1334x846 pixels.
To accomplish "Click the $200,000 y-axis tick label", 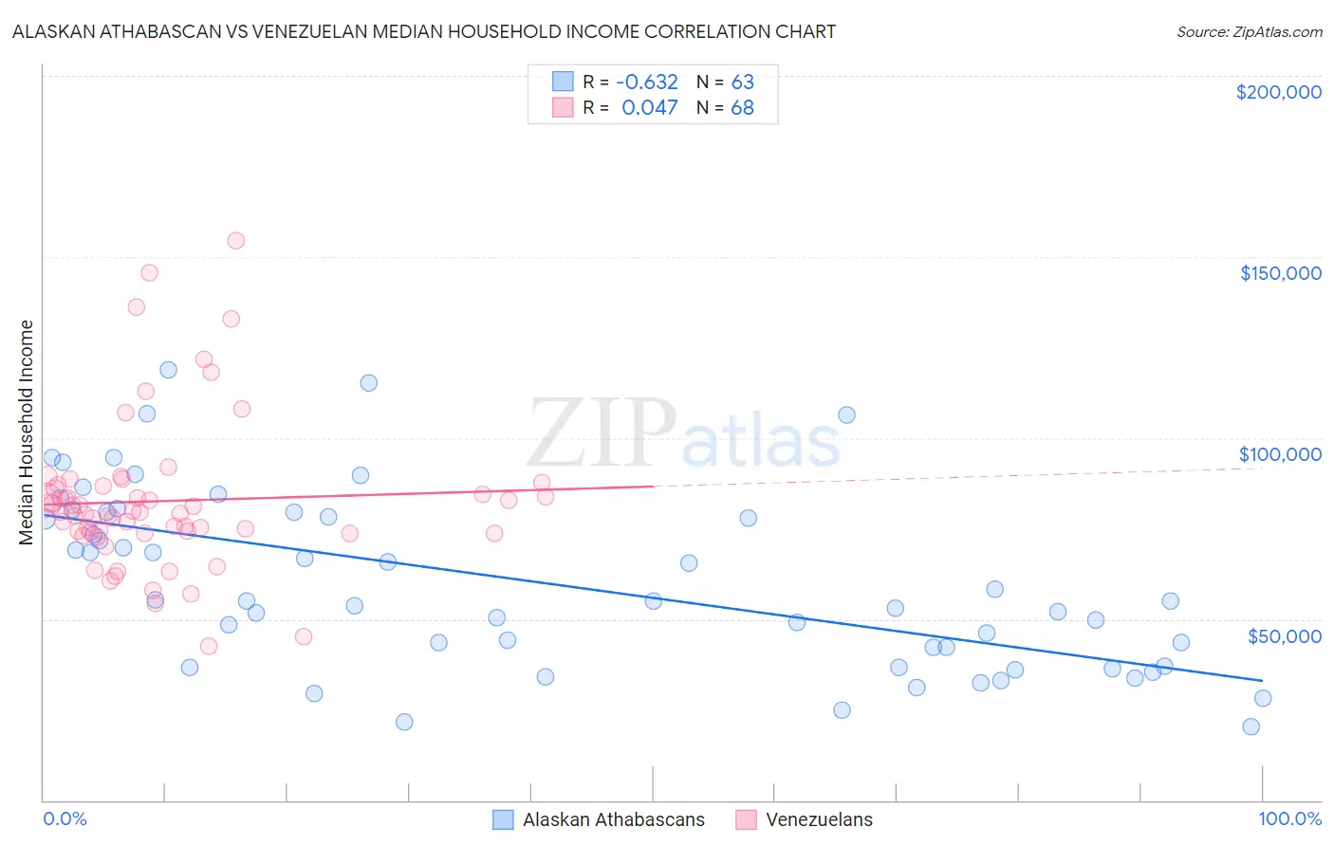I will [1278, 92].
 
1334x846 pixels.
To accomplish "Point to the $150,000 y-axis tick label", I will [1280, 273].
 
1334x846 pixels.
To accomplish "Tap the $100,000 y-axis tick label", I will [1280, 454].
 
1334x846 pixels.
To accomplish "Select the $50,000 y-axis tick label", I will [1284, 635].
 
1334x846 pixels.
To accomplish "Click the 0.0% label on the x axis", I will [65, 818].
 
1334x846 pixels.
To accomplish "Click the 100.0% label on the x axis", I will [1289, 818].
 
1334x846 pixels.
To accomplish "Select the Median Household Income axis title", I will [27, 432].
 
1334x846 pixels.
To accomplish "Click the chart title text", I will [424, 31].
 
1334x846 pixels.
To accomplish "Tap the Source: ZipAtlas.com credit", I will [1249, 31].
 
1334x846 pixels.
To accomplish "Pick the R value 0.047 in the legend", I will [649, 107].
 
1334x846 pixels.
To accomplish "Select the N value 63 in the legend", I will [742, 82].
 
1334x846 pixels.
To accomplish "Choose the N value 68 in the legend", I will [742, 107].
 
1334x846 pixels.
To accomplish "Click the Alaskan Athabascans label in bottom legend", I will [613, 819].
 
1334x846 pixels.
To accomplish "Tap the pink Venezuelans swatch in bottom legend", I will [747, 819].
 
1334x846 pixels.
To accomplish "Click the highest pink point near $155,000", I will [235, 241].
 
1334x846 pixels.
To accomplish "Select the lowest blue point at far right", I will [1251, 726].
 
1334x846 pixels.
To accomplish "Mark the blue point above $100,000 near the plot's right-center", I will [846, 414].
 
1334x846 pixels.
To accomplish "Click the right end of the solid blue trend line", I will [1262, 680].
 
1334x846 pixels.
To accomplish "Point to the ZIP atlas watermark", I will [683, 433].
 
